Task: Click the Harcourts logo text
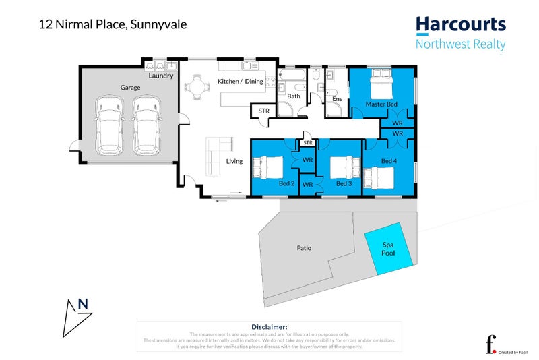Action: coord(460,25)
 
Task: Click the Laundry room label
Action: coord(161,76)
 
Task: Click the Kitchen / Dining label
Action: coord(241,82)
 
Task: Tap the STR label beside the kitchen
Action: coord(263,111)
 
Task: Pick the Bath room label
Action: coord(294,96)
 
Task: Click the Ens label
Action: coord(338,100)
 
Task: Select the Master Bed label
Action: coord(381,104)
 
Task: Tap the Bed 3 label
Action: coord(344,183)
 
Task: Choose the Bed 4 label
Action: coord(389,161)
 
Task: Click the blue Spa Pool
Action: coord(388,249)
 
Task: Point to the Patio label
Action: coord(304,248)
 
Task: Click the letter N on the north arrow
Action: coord(83,304)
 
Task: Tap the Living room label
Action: coord(234,161)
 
